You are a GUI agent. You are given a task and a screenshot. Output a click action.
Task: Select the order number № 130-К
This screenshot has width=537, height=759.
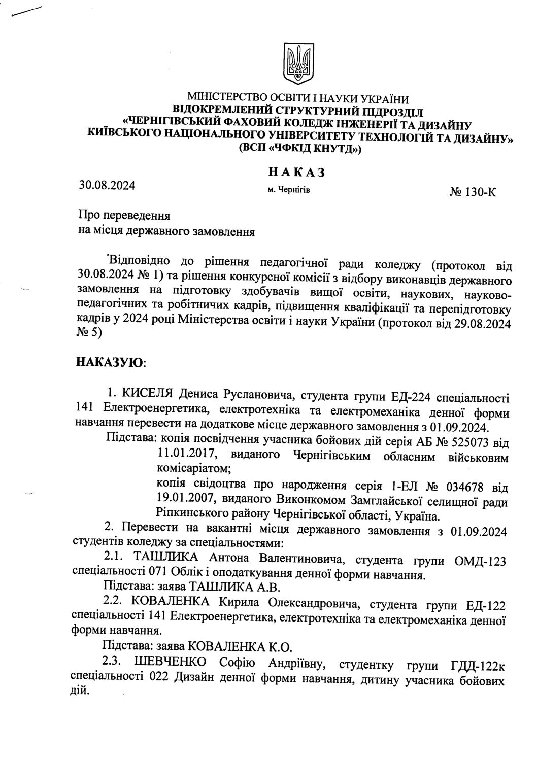pyautogui.click(x=472, y=192)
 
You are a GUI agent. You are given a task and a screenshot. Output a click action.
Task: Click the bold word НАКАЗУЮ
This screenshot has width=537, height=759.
pyautogui.click(x=109, y=362)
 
